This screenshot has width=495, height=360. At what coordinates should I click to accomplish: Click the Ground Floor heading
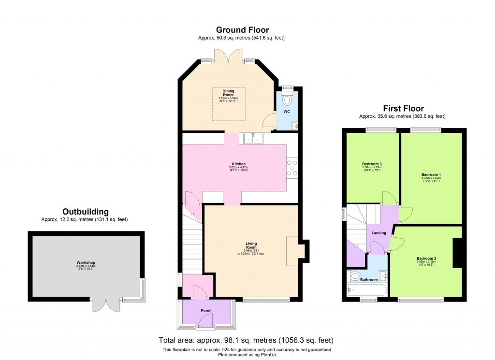click(242, 30)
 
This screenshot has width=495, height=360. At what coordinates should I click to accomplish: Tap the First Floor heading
click(403, 109)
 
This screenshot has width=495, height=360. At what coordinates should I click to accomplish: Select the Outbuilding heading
click(85, 212)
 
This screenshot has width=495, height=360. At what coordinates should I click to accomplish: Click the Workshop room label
click(86, 262)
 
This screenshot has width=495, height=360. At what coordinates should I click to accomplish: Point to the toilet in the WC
click(287, 101)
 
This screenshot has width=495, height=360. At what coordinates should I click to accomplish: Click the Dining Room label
click(228, 92)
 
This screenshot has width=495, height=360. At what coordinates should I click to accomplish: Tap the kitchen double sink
click(252, 138)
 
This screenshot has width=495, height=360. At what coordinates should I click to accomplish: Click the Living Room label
click(251, 245)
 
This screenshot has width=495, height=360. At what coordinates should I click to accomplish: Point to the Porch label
click(206, 311)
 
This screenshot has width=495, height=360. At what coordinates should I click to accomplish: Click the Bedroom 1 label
click(431, 174)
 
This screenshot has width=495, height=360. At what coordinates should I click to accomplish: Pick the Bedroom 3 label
click(372, 164)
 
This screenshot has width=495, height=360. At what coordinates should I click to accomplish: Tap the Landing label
click(379, 233)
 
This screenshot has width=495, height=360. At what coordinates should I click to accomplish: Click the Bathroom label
click(368, 279)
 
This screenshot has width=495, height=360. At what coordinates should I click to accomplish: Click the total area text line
click(246, 340)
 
